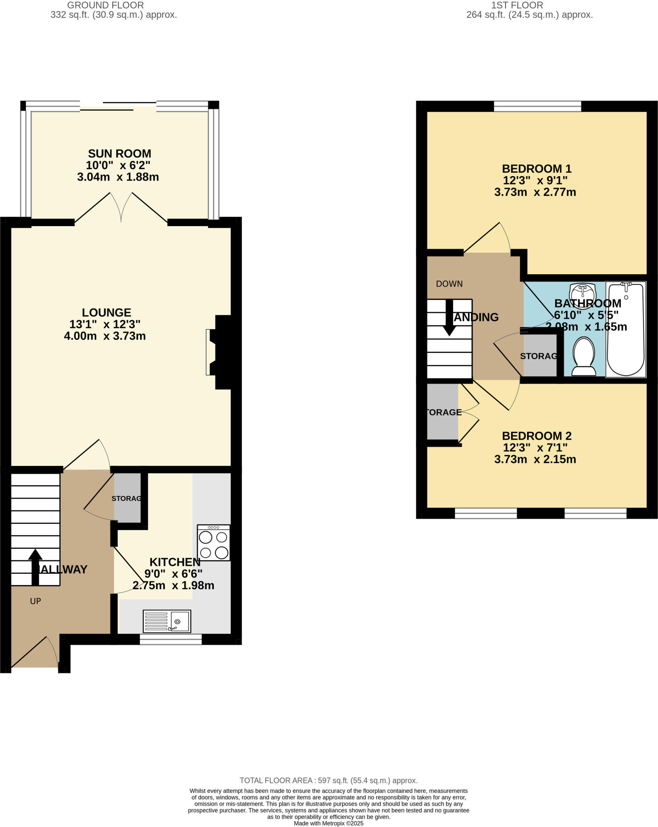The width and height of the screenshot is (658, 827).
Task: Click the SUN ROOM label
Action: pyautogui.click(x=119, y=153)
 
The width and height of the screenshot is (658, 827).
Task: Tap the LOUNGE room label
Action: pyautogui.click(x=107, y=313)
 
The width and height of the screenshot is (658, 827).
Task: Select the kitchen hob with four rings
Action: pyautogui.click(x=213, y=543)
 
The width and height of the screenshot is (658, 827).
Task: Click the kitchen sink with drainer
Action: pyautogui.click(x=167, y=621)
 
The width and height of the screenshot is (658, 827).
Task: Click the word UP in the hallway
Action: pyautogui.click(x=36, y=601)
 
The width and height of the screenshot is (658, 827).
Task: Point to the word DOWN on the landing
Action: pyautogui.click(x=449, y=284)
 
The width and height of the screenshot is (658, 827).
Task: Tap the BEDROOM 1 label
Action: pyautogui.click(x=537, y=168)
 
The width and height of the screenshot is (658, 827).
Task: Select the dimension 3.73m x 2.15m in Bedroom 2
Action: pyautogui.click(x=535, y=459)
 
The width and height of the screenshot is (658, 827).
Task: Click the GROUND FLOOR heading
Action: pyautogui.click(x=105, y=5)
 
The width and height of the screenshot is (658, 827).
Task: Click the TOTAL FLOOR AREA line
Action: pyautogui.click(x=328, y=781)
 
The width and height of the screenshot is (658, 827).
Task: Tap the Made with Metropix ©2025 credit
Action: pyautogui.click(x=328, y=823)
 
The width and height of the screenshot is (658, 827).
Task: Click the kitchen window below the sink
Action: pyautogui.click(x=171, y=639)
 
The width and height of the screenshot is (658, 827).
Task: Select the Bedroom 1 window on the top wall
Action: pyautogui.click(x=537, y=106)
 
